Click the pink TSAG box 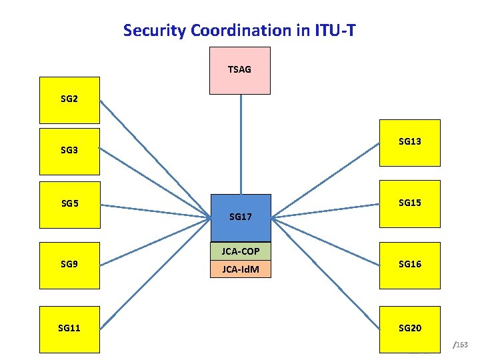[239, 70]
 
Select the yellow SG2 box [69, 100]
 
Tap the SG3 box [69, 151]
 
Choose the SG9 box [69, 265]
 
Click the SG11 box [69, 329]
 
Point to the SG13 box [409, 142]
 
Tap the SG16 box [409, 265]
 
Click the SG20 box [409, 329]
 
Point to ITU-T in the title [339, 30]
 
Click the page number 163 [462, 345]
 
